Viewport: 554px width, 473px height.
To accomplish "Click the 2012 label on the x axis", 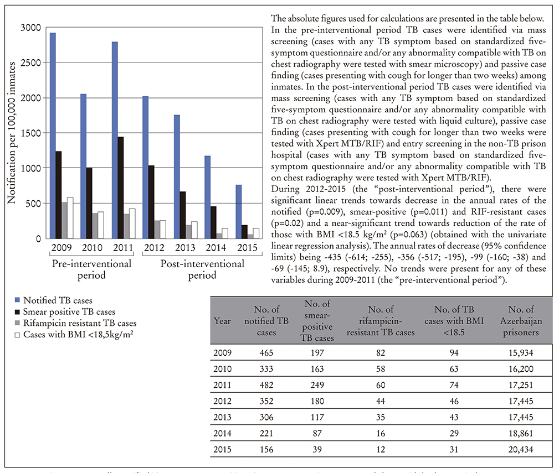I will click(x=152, y=247).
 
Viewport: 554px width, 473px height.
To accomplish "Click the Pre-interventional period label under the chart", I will click(x=91, y=269).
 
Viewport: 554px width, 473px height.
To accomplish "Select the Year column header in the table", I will click(x=222, y=320).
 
